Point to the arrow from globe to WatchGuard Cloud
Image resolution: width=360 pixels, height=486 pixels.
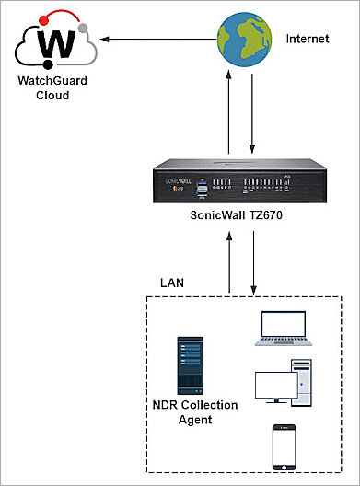157,40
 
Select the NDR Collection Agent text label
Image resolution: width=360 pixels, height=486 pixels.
194,412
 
